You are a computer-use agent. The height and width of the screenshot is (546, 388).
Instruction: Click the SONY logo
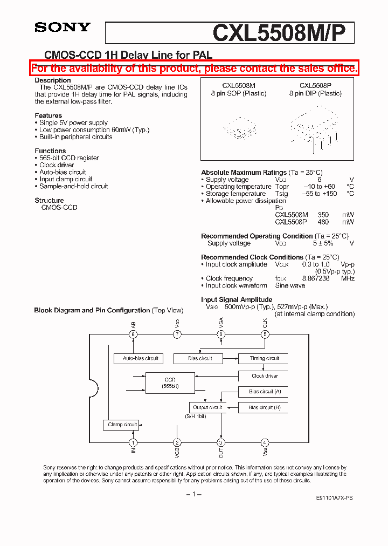click(x=63, y=28)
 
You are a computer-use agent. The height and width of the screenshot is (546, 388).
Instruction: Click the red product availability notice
click(x=194, y=68)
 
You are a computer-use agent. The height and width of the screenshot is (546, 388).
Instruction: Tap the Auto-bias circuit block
click(x=141, y=358)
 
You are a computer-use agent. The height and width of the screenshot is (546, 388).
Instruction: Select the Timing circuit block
click(x=264, y=358)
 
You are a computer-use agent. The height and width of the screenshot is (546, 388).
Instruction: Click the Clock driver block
click(x=264, y=376)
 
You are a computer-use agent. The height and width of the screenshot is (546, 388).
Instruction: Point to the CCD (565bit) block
click(x=170, y=383)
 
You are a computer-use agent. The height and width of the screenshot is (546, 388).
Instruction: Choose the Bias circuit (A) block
click(x=264, y=392)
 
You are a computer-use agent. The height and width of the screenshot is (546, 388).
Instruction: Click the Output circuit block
click(x=207, y=407)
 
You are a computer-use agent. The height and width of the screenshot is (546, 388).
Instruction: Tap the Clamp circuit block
click(x=122, y=425)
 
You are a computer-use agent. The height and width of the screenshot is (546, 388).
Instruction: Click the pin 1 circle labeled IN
click(x=133, y=442)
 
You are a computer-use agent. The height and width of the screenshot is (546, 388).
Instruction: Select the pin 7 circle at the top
click(x=177, y=335)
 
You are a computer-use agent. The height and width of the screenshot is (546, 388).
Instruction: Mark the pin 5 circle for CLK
click(x=265, y=335)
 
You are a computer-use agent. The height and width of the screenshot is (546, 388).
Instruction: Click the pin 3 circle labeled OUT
click(x=221, y=442)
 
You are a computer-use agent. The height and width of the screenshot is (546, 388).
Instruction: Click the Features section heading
click(x=48, y=115)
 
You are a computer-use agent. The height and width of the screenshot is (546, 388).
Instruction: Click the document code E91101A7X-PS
click(x=334, y=500)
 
